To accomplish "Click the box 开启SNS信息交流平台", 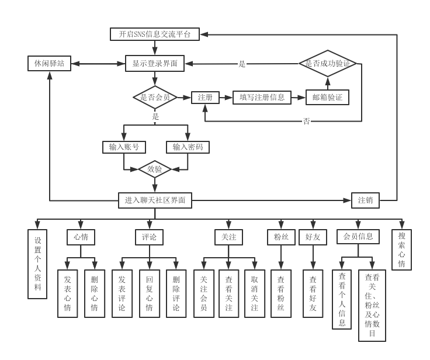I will coord(155,34).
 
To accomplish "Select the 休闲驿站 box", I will coord(50,64).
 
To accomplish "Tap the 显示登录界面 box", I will coord(155,64).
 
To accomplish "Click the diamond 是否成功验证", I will coord(328,64).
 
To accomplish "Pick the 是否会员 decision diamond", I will coord(155,98).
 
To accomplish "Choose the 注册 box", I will coord(205,98).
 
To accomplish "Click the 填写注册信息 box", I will coord(262,98).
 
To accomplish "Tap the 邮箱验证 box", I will coord(328,98).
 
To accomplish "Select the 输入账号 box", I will coord(123,147).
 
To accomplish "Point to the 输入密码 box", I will coord(188,147).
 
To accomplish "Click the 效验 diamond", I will coord(155,169).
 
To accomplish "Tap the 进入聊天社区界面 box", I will coord(155,200).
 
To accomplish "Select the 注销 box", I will coord(366,200).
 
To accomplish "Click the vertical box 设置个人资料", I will coord(37,264).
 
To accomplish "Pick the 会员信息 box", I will coord(358,237).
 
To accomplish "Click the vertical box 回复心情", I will coord(148,293).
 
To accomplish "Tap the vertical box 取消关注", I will coord(254,293).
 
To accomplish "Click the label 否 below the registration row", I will coord(307,122).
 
